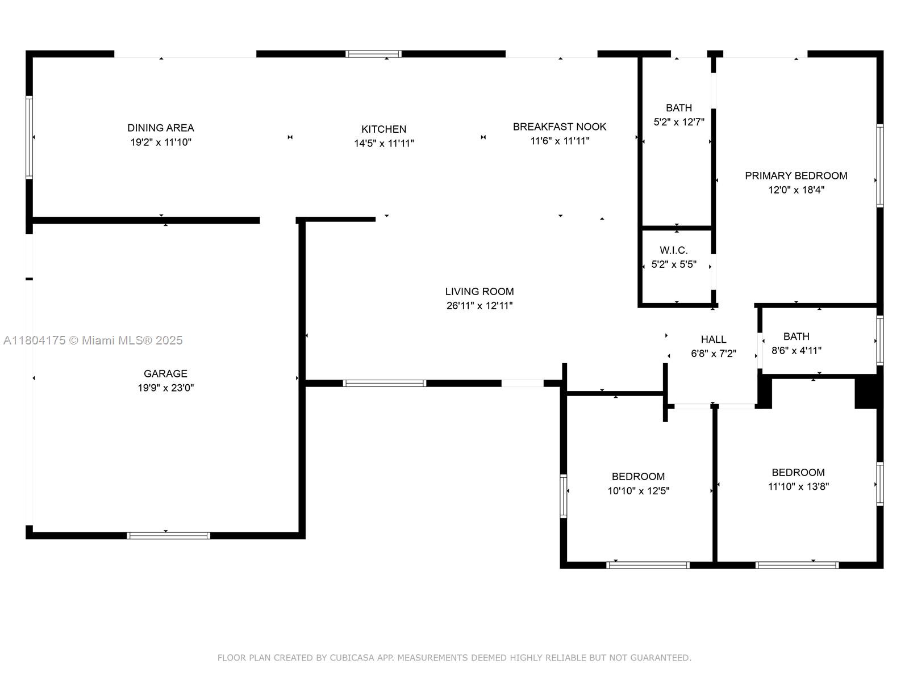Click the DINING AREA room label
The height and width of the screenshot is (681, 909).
(x=161, y=128)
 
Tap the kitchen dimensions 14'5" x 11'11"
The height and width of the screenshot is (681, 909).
(x=384, y=144)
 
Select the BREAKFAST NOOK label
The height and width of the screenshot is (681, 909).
(x=560, y=127)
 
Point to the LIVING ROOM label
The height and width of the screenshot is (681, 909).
(x=479, y=291)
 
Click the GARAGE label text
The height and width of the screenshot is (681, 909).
(x=165, y=373)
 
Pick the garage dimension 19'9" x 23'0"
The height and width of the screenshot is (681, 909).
(x=165, y=388)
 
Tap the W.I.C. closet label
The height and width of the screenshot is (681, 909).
(x=674, y=250)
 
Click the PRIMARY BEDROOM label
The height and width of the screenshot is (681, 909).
(x=796, y=176)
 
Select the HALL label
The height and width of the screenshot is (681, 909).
(x=714, y=339)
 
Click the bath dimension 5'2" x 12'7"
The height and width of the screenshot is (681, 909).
(x=679, y=122)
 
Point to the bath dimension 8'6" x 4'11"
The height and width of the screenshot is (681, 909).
(x=796, y=351)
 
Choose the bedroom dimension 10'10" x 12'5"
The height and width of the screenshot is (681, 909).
(x=639, y=491)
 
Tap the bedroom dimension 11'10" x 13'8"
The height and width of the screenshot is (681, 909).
(x=798, y=486)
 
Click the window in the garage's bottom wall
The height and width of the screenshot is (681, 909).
(x=168, y=535)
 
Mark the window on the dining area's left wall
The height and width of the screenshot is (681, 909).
(x=29, y=137)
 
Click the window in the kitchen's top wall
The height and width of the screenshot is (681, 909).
(x=373, y=54)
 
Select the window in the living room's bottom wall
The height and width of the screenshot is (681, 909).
(x=385, y=383)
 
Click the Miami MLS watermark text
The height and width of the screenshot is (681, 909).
(x=93, y=340)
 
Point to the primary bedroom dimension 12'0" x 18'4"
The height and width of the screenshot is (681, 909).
(x=796, y=190)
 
